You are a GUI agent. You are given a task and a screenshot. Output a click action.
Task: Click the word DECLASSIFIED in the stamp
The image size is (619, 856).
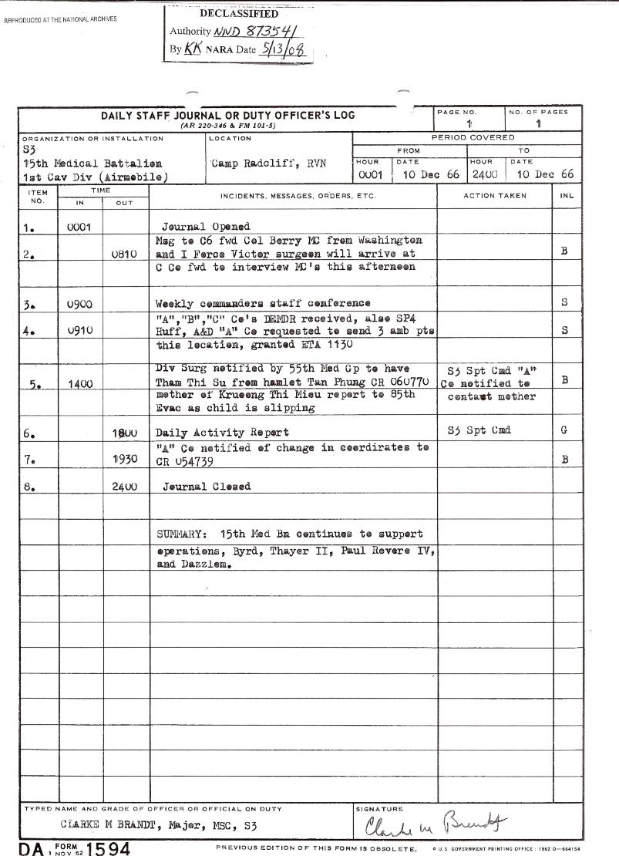point(238,14)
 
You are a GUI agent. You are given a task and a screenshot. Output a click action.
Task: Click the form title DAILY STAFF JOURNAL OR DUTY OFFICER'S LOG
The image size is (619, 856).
point(228,116)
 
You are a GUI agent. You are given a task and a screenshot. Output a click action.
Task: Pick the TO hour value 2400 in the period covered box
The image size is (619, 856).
point(483,175)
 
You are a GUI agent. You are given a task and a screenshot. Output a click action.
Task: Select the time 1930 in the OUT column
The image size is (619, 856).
point(123,459)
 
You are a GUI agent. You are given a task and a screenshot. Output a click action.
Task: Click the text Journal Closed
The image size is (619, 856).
point(206,487)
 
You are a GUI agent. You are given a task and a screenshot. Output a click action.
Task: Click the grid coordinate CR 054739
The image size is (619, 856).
point(185,462)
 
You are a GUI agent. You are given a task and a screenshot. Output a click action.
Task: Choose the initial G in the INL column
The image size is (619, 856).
point(563,431)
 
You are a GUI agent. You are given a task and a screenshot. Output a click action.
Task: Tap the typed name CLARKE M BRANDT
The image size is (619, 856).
point(108,826)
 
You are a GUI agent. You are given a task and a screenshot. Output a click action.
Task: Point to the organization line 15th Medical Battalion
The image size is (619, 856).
point(93,163)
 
